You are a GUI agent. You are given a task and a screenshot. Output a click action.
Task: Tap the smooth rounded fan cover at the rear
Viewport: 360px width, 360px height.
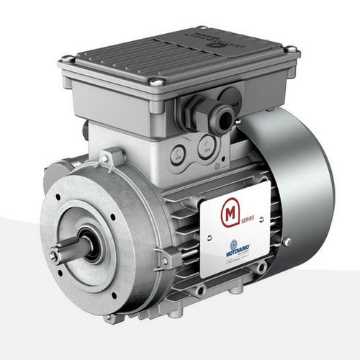(x=302, y=173)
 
